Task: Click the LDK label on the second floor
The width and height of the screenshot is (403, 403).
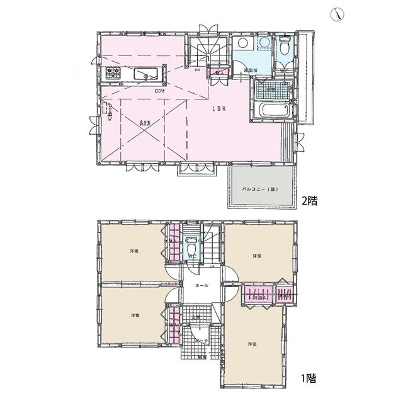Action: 219,108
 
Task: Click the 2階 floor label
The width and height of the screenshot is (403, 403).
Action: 309,201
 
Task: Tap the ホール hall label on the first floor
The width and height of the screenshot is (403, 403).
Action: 202,285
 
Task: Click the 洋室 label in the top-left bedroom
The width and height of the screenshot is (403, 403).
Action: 134,251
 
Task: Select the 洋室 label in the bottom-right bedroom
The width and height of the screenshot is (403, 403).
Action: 252,344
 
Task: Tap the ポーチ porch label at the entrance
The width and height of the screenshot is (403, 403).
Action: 202,340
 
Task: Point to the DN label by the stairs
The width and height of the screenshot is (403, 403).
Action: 197,70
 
